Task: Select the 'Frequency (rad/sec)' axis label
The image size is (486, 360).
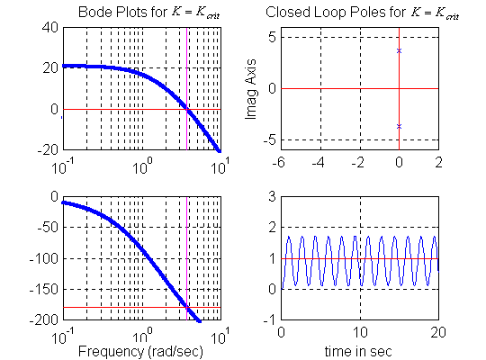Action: tap(140, 350)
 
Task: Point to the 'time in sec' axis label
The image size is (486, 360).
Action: tap(359, 350)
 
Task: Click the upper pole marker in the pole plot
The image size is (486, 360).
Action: tap(399, 50)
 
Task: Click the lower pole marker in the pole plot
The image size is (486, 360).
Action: tap(399, 126)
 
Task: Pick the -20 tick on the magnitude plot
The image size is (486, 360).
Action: tap(48, 149)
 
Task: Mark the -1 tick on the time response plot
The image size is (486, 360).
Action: tap(268, 321)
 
